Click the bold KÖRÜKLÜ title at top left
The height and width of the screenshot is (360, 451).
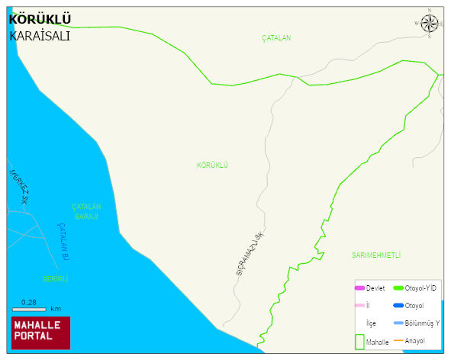(x=40, y=19)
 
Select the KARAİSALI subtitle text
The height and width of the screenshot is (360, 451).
(x=40, y=35)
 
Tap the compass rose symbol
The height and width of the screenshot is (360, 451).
(x=430, y=23)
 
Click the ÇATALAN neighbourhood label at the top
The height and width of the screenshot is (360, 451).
(x=276, y=37)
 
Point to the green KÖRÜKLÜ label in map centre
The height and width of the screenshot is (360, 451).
(x=212, y=165)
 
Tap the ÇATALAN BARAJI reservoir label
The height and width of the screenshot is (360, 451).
(x=86, y=211)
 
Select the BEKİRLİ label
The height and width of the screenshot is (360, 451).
(x=55, y=279)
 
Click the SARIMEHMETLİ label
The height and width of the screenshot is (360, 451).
(x=375, y=255)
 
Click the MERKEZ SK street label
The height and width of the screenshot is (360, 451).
(x=19, y=188)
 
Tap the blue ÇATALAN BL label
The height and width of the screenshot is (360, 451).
(x=64, y=238)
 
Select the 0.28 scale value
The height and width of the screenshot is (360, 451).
(x=29, y=302)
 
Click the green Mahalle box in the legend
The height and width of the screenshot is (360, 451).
(x=359, y=341)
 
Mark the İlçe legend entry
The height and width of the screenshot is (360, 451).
(x=371, y=323)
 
